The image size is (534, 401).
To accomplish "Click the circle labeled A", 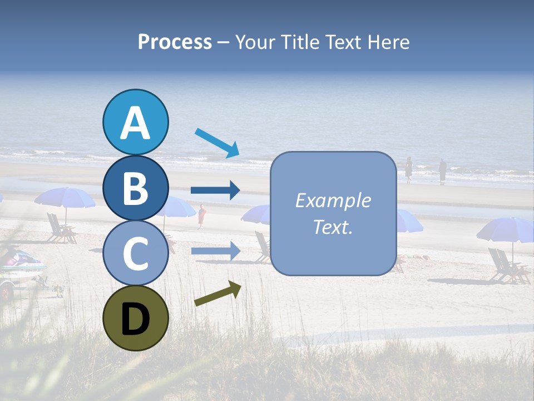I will (135, 123).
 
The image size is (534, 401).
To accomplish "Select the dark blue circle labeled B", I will (135, 188).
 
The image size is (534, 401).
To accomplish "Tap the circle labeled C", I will (135, 253).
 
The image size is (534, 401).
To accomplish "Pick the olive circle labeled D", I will (135, 318).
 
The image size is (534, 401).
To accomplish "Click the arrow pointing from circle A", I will (217, 142).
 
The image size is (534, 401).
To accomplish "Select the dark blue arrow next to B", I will (215, 190).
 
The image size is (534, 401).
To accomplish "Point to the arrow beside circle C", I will (215, 251).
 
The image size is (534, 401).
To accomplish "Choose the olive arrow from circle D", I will (217, 294).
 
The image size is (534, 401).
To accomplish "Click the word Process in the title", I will (175, 42).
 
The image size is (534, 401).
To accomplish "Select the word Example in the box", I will (333, 200).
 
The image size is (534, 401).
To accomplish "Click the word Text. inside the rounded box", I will (333, 227).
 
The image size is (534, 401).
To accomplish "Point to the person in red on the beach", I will (201, 216).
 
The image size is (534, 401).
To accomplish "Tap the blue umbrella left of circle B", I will (65, 198).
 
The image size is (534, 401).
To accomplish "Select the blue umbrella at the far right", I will (506, 229).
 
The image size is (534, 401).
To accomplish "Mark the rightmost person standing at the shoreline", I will (442, 170).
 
